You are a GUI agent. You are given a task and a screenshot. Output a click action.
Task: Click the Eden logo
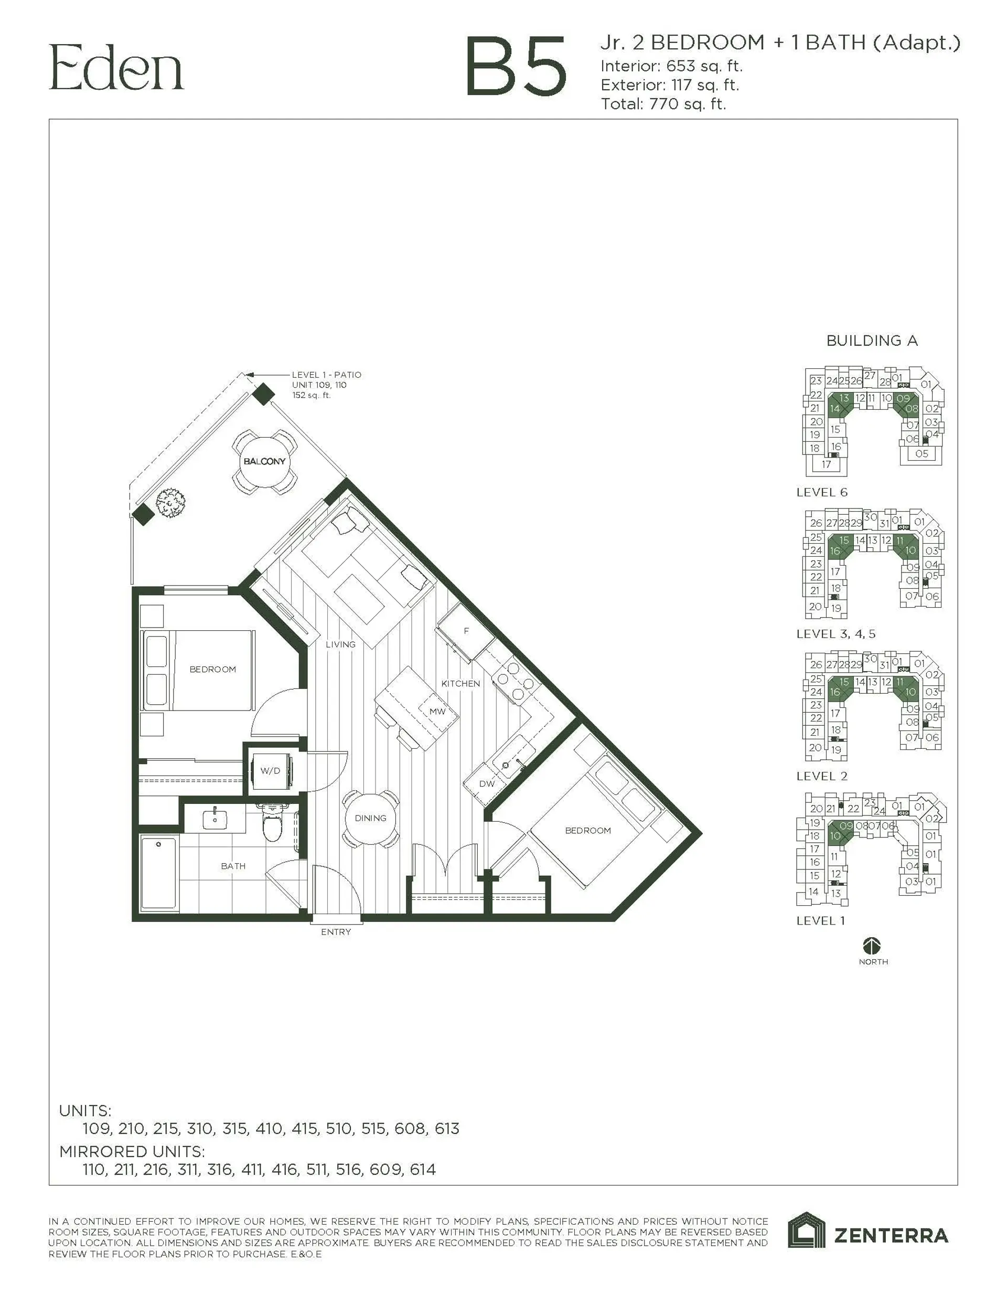116,68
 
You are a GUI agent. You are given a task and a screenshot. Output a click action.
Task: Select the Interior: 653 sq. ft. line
671,66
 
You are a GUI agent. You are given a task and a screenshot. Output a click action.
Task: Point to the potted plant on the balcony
170,503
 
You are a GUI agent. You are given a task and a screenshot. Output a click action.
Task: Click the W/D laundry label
270,771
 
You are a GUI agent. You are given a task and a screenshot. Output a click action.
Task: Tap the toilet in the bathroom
273,823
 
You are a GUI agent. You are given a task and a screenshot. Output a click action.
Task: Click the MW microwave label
437,711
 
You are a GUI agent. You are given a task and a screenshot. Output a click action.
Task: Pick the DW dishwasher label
487,783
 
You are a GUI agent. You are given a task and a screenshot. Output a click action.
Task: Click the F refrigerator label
466,631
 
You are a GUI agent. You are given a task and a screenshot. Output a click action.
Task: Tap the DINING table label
370,818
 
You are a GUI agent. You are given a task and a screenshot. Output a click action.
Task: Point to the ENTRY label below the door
336,932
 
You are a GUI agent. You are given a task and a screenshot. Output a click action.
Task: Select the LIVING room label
340,644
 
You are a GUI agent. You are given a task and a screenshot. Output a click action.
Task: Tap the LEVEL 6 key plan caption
821,493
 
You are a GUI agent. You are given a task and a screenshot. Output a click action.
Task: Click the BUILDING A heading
872,341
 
